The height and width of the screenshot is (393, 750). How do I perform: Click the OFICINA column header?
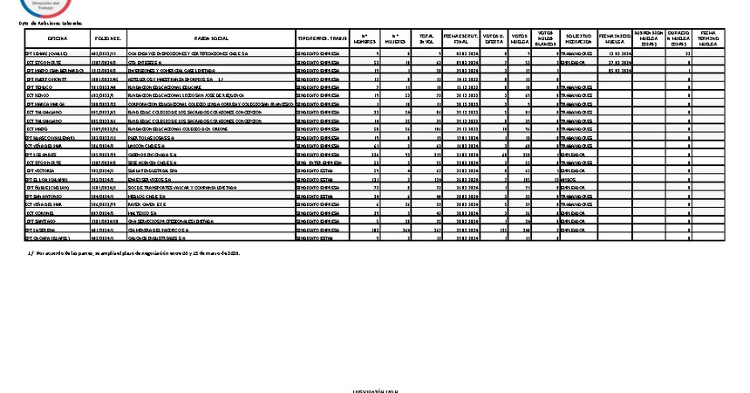(58, 39)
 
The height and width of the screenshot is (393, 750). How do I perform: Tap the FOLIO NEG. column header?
(108, 39)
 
